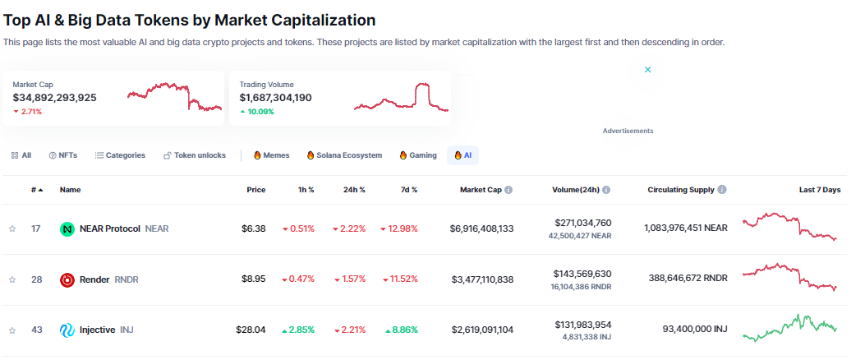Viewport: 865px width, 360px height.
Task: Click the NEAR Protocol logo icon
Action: point(67,228)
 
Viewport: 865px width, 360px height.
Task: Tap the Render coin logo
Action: point(67,279)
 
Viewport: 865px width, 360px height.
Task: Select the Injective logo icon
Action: point(67,330)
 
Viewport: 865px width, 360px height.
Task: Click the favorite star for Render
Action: point(12,279)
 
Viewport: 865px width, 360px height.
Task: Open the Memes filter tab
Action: point(271,155)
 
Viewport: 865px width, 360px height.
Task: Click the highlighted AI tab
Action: point(462,155)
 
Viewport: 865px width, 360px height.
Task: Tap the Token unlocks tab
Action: point(195,155)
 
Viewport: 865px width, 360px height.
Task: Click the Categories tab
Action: point(120,155)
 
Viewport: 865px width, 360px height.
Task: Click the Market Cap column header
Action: point(481,190)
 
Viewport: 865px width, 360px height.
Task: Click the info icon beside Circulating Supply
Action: point(722,190)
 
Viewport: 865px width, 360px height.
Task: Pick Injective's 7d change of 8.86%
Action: point(403,330)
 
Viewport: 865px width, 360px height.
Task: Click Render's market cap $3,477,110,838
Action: point(482,279)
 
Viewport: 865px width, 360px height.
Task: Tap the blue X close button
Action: point(647,70)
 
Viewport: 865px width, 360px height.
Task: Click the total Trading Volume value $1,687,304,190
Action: point(275,98)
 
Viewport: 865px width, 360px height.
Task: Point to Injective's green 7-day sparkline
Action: point(789,326)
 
